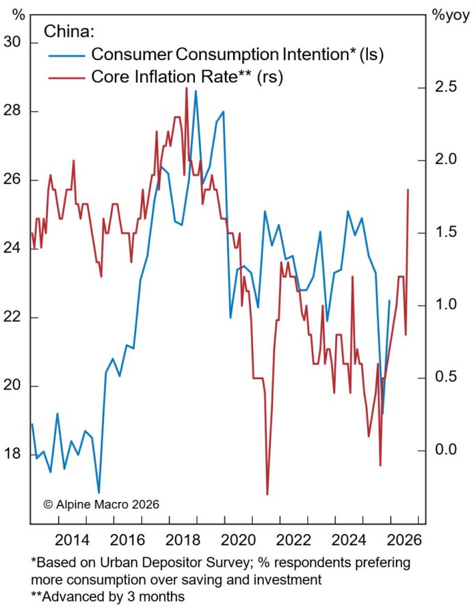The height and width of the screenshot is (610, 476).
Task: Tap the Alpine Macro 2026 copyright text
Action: [x=101, y=504]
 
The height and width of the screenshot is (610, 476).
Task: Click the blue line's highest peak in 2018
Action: [x=196, y=91]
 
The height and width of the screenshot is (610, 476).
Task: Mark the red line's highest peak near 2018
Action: [x=186, y=87]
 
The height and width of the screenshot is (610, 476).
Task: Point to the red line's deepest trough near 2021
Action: [x=267, y=494]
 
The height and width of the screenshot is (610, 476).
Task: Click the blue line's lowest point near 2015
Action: [x=99, y=492]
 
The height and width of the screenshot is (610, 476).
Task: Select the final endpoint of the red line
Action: [x=408, y=190]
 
